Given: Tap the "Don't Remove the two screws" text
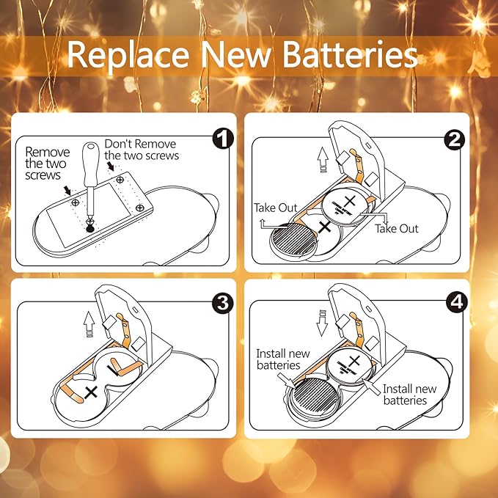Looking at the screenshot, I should pos(142,150).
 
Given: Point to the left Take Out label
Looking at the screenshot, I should pos(276,208).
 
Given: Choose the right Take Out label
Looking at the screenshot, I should pos(397,229).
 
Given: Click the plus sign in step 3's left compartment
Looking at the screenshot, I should pos(91,393).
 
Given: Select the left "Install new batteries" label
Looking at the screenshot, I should pos(278,359).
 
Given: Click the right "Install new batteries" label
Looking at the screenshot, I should pos(409,395).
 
